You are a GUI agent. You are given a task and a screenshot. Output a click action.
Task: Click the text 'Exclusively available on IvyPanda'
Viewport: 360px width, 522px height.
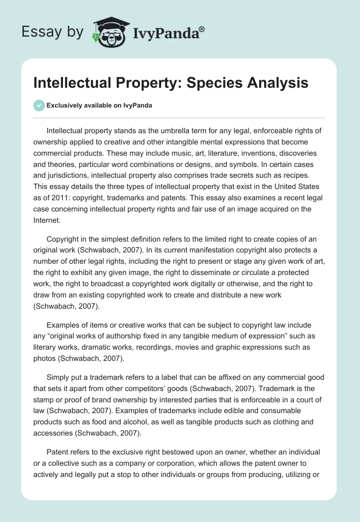[99, 105]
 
